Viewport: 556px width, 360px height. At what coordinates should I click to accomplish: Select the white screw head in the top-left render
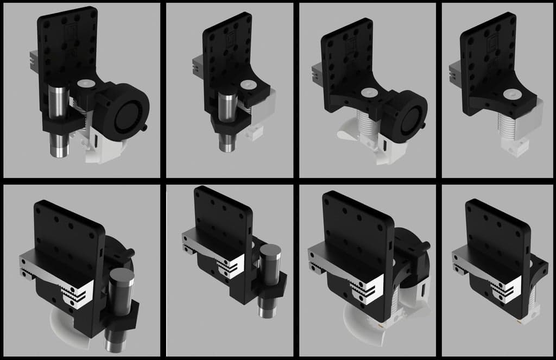point(85,85)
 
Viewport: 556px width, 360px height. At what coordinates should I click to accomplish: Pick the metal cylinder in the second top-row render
point(228,119)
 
